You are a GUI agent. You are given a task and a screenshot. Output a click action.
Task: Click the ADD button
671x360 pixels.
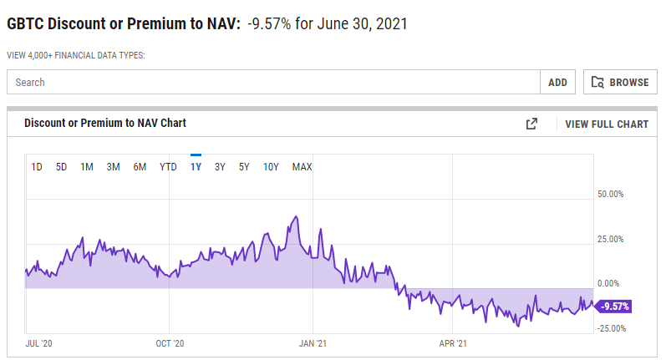(557, 82)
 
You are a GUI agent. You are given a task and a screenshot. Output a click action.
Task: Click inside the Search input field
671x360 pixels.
(273, 82)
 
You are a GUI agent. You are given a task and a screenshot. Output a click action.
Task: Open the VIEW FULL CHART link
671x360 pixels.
(607, 124)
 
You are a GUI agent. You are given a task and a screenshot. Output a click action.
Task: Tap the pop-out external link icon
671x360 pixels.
(531, 124)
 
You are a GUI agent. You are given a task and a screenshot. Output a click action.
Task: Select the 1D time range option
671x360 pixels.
(37, 167)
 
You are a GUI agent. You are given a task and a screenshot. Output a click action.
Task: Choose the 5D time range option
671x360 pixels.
(61, 167)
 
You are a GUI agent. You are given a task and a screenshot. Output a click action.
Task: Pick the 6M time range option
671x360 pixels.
(140, 167)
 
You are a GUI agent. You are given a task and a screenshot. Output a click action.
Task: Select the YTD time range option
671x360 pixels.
(168, 167)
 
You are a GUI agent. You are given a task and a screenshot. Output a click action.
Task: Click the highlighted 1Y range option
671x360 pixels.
(196, 167)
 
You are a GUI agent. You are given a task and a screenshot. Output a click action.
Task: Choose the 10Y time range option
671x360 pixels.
(271, 167)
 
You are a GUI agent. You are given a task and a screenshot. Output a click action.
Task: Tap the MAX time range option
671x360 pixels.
(302, 167)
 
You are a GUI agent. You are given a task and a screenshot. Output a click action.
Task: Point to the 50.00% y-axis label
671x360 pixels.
(611, 194)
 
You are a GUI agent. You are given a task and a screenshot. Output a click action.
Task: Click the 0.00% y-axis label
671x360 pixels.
(608, 283)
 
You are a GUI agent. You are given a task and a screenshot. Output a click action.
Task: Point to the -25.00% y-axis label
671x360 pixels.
(612, 328)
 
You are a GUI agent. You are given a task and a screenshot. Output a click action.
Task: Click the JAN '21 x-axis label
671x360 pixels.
(313, 344)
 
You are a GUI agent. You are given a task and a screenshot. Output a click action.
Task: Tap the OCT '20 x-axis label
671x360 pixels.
(170, 344)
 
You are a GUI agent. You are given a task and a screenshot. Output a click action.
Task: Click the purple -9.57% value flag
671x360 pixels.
(613, 307)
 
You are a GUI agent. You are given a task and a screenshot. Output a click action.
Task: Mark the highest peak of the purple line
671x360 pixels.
(296, 216)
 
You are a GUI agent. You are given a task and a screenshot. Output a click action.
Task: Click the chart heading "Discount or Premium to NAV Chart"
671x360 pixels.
(105, 123)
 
